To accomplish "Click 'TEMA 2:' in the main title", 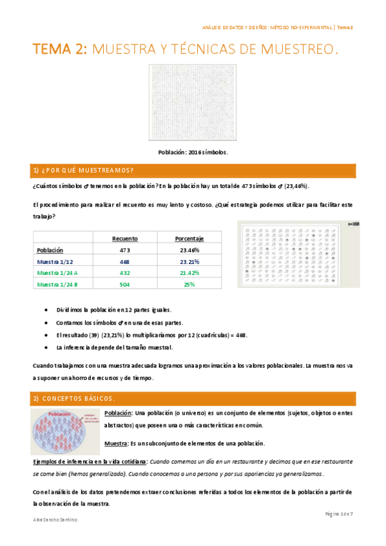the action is point(60,49).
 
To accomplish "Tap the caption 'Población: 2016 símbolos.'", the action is point(193,153).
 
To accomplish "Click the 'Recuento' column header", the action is point(125,238).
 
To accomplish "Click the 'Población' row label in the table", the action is point(51,250).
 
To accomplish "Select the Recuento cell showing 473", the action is point(125,250).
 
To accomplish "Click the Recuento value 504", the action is point(125,284).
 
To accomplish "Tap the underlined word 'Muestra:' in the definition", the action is point(116,444).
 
